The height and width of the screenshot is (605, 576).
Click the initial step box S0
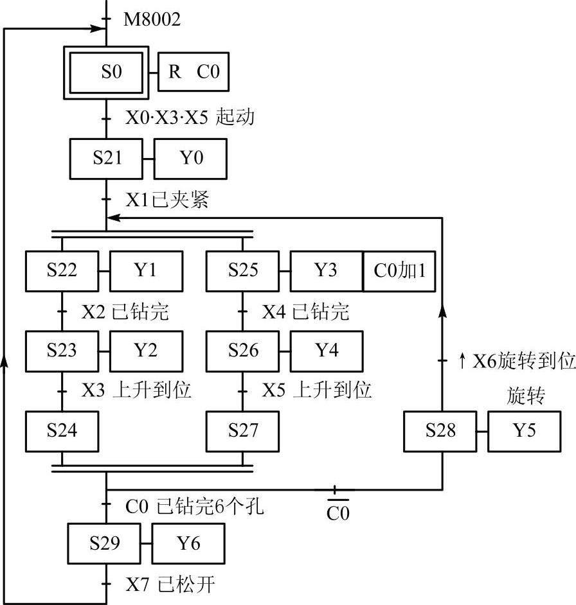pyautogui.click(x=111, y=72)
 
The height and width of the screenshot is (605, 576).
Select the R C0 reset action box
pyautogui.click(x=194, y=72)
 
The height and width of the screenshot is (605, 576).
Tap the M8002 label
pyautogui.click(x=152, y=20)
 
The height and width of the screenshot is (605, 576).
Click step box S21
pyautogui.click(x=107, y=158)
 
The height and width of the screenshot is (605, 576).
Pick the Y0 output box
pyautogui.click(x=190, y=158)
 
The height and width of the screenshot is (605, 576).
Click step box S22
pyautogui.click(x=62, y=270)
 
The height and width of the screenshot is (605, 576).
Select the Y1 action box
pyautogui.click(x=146, y=270)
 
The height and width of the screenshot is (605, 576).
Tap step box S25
pyautogui.click(x=242, y=270)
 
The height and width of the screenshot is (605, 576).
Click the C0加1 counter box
pyautogui.click(x=399, y=270)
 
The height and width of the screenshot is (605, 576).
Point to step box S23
pyautogui.click(x=62, y=351)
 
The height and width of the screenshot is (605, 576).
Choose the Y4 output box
pyautogui.click(x=327, y=351)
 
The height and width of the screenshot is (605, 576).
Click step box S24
pyautogui.click(x=62, y=431)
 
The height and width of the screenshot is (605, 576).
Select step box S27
pyautogui.click(x=242, y=431)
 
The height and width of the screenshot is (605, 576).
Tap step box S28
pyautogui.click(x=440, y=431)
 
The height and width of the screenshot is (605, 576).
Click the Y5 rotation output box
pyautogui.click(x=524, y=431)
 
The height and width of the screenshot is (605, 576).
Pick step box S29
pyautogui.click(x=105, y=543)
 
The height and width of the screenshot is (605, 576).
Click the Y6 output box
pyautogui.click(x=188, y=543)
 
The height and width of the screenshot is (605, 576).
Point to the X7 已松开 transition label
pyautogui.click(x=170, y=585)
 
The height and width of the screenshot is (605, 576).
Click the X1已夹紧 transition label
pyautogui.click(x=166, y=200)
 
